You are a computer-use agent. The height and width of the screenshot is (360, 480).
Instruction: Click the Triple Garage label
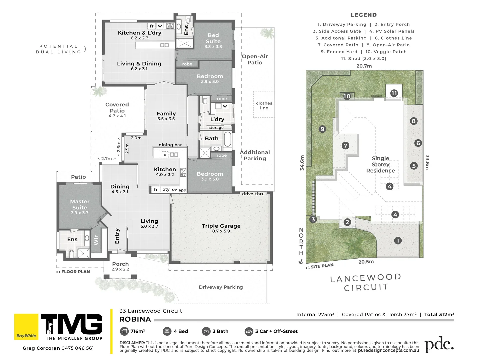221,226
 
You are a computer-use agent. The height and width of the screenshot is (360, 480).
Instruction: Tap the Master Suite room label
80,205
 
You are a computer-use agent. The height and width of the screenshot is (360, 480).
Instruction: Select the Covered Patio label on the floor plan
117,108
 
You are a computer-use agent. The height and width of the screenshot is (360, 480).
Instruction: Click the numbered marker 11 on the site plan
394,93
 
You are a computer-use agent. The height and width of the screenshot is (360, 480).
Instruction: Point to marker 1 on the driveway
397,240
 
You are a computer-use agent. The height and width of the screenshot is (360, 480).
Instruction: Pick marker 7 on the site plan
345,146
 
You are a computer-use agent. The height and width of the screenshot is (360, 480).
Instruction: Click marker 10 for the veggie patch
347,96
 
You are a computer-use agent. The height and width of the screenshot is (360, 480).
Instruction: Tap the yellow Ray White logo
26,327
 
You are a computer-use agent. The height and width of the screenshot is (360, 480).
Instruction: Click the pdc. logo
439,345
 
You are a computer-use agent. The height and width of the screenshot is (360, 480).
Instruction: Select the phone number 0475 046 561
78,348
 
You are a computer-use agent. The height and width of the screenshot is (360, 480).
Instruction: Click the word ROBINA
135,319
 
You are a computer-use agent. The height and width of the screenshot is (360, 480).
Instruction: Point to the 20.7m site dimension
364,66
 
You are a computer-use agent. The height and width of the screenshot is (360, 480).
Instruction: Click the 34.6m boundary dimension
302,163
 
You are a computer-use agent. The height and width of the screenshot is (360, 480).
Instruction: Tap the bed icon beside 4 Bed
167,331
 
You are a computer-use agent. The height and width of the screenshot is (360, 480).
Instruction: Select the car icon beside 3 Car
249,331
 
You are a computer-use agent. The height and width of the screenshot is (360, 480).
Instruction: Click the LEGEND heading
364,15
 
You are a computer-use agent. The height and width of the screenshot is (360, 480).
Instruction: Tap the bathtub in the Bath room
227,139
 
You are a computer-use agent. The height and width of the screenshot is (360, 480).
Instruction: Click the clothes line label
264,105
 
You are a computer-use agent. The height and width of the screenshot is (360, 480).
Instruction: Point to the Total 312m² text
439,314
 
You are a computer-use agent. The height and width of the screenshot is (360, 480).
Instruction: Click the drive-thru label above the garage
253,194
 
